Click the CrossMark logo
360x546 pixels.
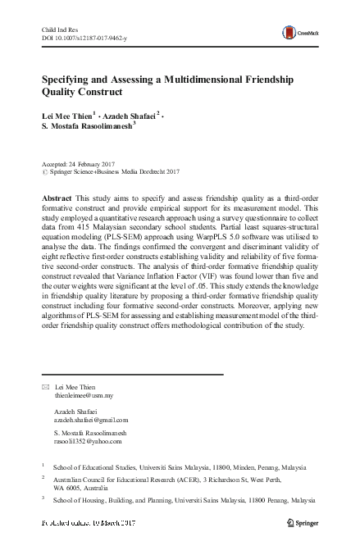[298, 33]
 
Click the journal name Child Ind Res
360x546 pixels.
[59, 30]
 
